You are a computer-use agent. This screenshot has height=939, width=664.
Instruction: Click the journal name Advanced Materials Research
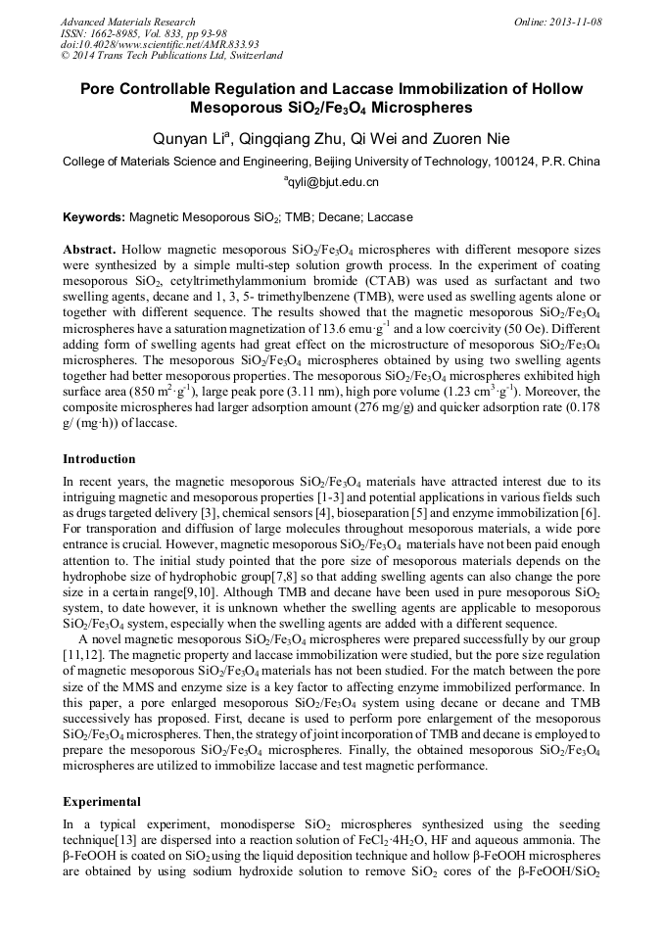[128, 22]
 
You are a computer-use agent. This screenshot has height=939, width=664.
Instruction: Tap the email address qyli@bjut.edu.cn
[333, 182]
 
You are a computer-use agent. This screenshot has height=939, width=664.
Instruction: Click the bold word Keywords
[93, 217]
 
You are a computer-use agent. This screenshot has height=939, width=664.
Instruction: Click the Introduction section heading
[99, 459]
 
